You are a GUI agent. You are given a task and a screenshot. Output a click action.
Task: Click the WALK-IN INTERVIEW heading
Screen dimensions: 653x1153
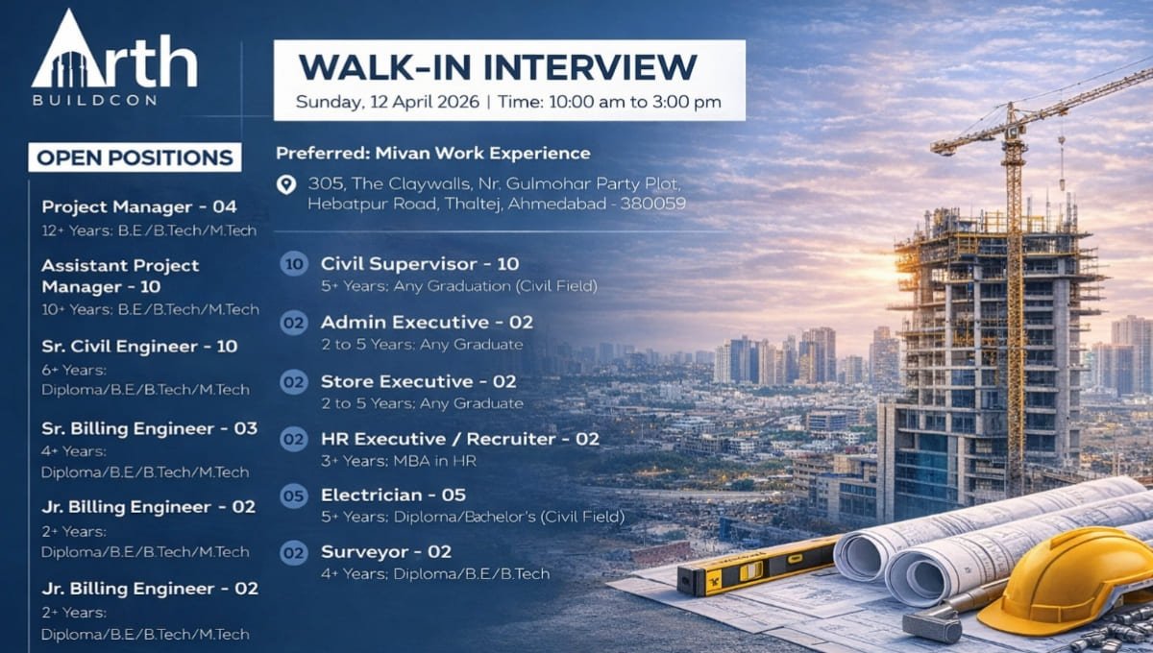tap(497, 67)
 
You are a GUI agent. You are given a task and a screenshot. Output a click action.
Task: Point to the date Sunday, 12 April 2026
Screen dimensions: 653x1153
tap(386, 101)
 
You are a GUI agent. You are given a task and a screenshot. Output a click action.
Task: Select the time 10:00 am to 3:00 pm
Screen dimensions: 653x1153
tap(635, 101)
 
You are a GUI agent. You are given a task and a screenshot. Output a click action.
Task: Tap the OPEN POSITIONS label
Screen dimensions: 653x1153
tap(135, 157)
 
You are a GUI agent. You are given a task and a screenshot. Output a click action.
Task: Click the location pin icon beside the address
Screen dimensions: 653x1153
tap(285, 184)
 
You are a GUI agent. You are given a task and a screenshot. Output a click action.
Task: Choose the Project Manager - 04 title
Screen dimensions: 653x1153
tap(139, 206)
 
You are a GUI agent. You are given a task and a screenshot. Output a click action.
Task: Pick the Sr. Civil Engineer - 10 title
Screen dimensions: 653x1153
tap(139, 346)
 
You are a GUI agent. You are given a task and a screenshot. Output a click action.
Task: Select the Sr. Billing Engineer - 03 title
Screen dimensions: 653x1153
tap(150, 428)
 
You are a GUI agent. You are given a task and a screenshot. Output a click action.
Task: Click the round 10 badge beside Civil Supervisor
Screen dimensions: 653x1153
tap(294, 264)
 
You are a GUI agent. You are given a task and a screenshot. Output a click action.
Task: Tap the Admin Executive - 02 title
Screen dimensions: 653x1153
tap(427, 322)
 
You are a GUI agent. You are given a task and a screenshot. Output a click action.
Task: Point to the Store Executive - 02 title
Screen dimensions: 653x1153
tap(419, 381)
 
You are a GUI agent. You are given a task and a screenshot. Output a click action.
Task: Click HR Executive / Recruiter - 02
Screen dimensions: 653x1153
tap(459, 439)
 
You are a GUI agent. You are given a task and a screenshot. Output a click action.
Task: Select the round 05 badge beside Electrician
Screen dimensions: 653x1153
tap(294, 496)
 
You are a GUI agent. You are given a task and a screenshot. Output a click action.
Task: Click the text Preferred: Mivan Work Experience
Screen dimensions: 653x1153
tap(433, 153)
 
